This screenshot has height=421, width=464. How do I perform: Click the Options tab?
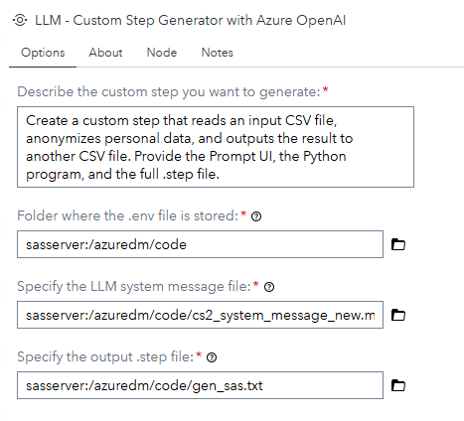(x=43, y=53)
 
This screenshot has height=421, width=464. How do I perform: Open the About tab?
(x=105, y=53)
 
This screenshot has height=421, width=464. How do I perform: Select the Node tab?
(x=162, y=53)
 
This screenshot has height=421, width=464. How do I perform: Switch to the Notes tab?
(x=218, y=53)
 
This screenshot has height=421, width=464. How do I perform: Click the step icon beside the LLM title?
(x=20, y=20)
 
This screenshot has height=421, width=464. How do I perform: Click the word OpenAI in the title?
(x=321, y=20)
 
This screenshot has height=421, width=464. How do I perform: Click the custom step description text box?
(x=216, y=147)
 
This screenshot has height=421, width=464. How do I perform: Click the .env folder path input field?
(x=200, y=244)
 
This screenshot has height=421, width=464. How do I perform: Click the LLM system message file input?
(x=200, y=315)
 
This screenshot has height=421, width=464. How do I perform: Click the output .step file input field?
(x=200, y=385)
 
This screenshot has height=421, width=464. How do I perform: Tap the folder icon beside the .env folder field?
(x=398, y=244)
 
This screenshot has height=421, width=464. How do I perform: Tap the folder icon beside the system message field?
(x=398, y=315)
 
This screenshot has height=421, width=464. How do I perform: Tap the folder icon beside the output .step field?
(x=398, y=385)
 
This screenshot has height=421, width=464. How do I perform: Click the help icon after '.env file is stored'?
(x=256, y=216)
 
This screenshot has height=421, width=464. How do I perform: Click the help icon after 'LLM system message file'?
(x=269, y=287)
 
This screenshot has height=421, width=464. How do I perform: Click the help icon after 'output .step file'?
(x=212, y=357)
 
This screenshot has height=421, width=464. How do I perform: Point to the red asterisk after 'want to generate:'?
(x=326, y=89)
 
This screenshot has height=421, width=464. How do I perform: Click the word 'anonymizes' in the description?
(x=64, y=139)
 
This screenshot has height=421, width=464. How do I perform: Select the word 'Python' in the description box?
(x=325, y=157)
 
